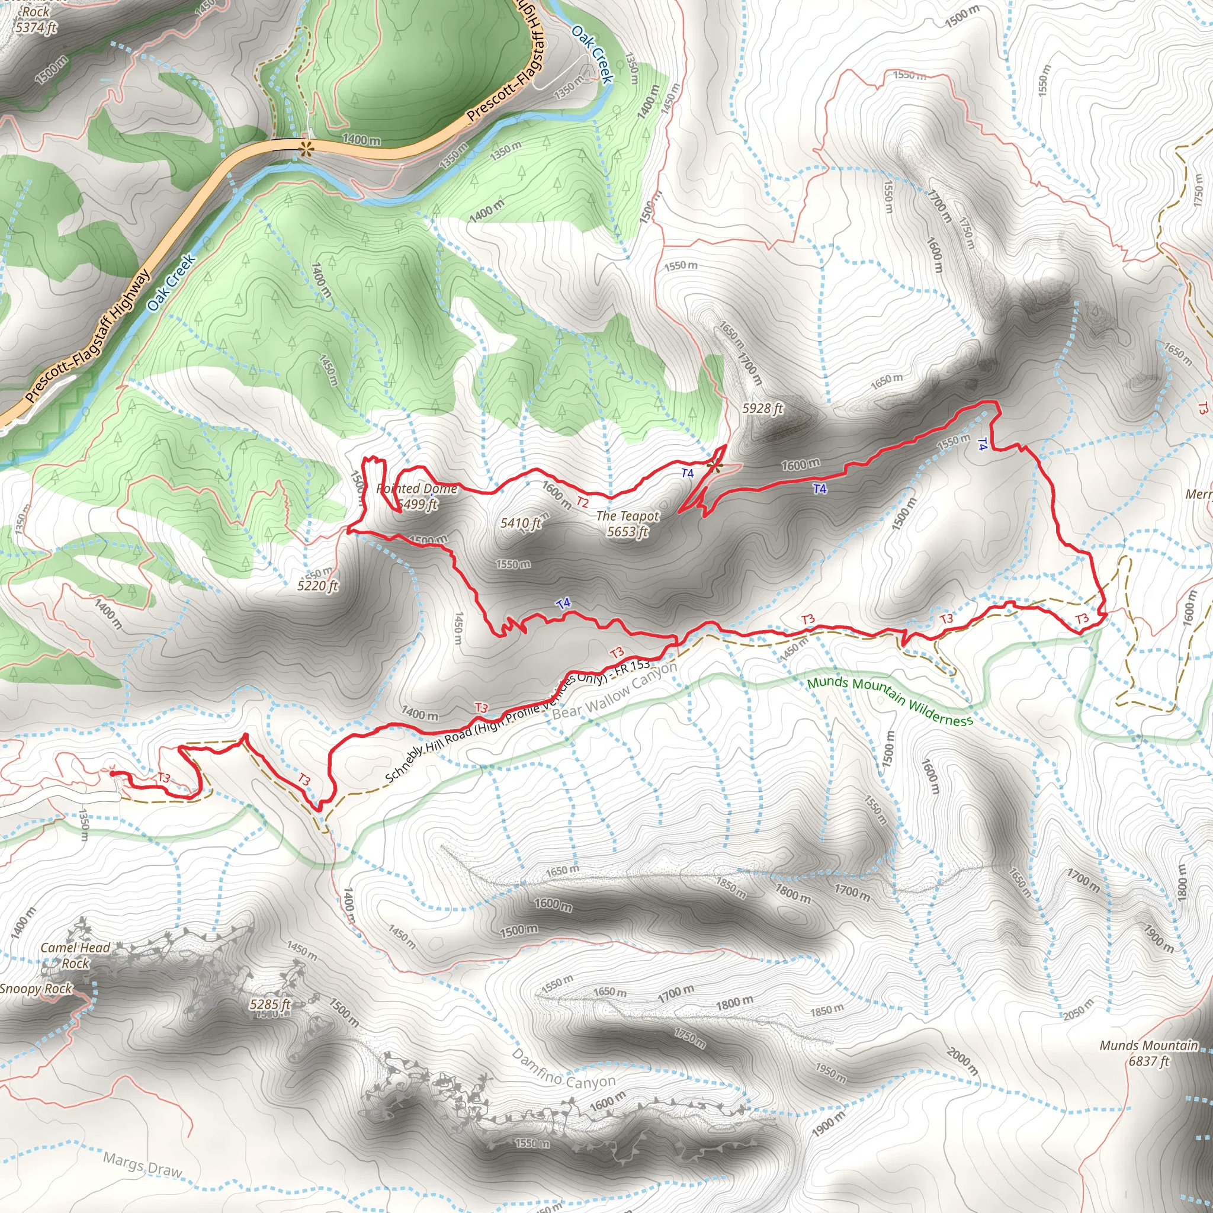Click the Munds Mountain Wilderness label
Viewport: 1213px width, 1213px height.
890,701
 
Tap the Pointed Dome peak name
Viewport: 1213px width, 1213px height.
416,489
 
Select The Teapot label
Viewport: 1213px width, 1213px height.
627,516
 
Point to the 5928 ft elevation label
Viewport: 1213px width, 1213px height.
762,408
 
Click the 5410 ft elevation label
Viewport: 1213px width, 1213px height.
521,523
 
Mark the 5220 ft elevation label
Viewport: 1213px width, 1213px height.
317,586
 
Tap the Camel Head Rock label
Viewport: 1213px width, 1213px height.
75,955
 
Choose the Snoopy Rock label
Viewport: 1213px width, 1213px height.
36,989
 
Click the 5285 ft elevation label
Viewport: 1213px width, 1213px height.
270,1004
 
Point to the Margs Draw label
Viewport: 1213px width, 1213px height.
143,1165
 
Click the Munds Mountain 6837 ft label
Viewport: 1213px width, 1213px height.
1148,1053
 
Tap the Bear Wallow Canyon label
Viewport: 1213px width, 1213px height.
615,690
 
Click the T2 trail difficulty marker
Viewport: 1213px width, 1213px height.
583,502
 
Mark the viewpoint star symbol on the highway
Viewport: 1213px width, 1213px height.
306,149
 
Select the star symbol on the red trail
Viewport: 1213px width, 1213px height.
714,465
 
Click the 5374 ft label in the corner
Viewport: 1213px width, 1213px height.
36,27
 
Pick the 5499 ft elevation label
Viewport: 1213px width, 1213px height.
418,504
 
